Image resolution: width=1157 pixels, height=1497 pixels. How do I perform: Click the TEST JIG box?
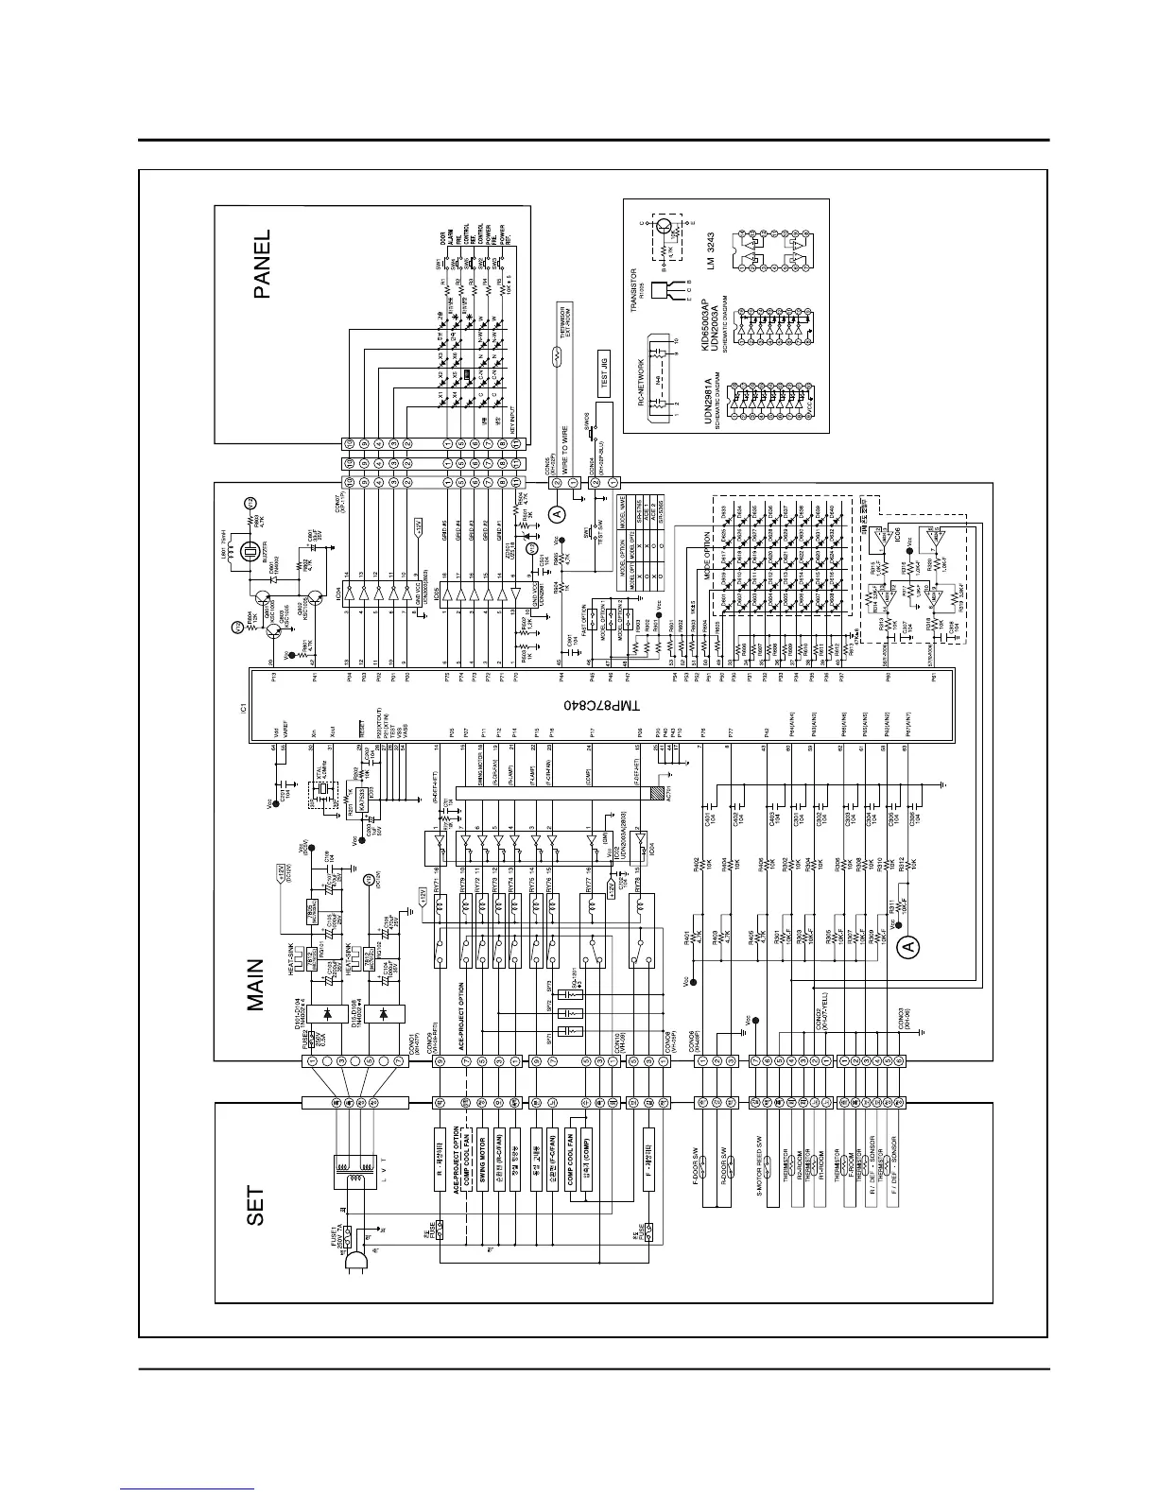point(605,373)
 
